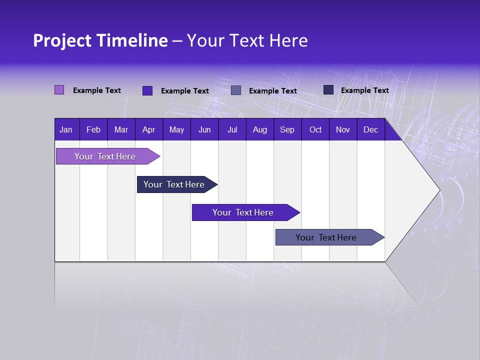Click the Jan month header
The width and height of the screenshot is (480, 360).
[x=66, y=129]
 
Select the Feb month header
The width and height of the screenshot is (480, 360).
[x=93, y=129]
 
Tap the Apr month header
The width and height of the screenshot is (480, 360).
[x=149, y=129]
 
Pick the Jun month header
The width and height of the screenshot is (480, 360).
[x=204, y=129]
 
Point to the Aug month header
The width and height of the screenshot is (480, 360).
[x=260, y=129]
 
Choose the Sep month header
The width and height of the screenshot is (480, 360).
[x=287, y=129]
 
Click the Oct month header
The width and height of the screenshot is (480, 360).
[x=315, y=129]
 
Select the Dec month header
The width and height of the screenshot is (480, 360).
[x=371, y=129]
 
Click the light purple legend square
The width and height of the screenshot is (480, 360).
[x=59, y=90]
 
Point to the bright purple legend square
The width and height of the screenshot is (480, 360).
[x=147, y=90]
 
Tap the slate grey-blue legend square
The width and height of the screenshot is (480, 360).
[x=236, y=90]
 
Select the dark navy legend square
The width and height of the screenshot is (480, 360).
[x=328, y=90]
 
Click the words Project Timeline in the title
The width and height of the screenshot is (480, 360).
[x=100, y=40]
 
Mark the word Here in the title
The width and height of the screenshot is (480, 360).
[x=288, y=40]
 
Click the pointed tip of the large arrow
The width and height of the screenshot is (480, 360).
[x=438, y=190]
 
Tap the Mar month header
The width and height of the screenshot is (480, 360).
[x=121, y=129]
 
